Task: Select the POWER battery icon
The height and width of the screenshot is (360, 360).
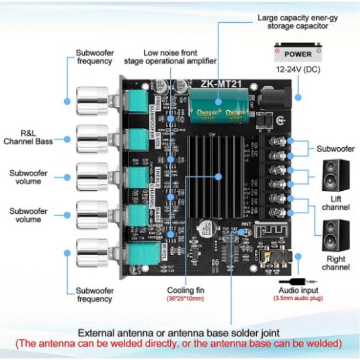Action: (x=298, y=54)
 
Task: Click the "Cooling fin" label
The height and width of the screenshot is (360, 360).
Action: (x=185, y=290)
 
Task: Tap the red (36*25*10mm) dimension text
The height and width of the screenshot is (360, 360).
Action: (x=185, y=299)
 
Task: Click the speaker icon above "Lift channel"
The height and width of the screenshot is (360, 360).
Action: (x=336, y=176)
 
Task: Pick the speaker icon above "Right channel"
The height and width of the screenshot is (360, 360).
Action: (x=336, y=235)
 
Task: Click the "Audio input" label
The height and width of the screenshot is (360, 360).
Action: (x=298, y=290)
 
